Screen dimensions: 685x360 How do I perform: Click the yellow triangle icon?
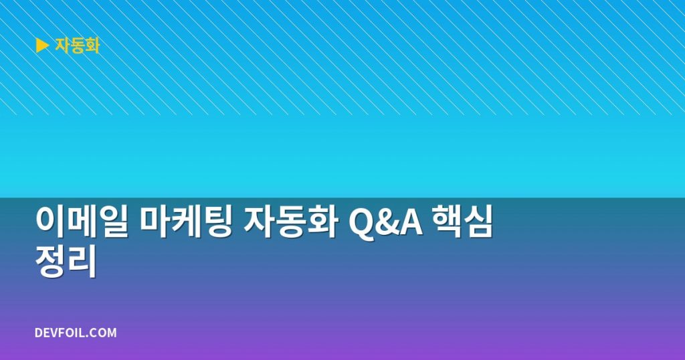[x=42, y=46]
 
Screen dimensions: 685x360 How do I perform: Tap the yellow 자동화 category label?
[x=78, y=46]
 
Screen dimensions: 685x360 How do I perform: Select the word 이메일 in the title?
[x=82, y=222]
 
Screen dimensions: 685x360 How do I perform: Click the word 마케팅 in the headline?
[x=186, y=222]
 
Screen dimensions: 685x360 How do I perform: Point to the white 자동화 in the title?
[x=290, y=222]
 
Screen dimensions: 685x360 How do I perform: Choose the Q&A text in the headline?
[x=386, y=222]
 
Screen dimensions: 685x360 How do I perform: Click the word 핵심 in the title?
[x=463, y=222]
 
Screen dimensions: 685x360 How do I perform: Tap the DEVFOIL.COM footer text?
[x=76, y=333]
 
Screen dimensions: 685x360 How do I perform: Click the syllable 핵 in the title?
[x=448, y=222]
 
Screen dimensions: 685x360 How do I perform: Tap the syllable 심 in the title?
[x=478, y=222]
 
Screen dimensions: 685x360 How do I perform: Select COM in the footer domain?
[x=105, y=333]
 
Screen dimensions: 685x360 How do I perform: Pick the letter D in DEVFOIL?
[x=38, y=333]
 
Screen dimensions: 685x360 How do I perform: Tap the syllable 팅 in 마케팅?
[x=217, y=222]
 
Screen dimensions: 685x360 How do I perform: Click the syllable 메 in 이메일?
[x=82, y=222]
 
